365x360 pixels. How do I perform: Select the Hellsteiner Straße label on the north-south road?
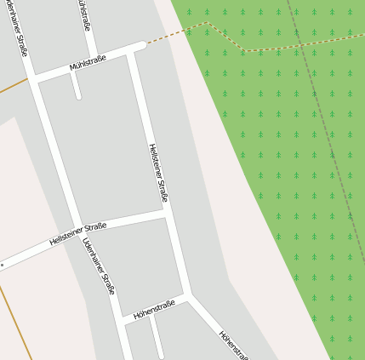point(158,174)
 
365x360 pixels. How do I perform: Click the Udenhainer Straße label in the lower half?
point(99,266)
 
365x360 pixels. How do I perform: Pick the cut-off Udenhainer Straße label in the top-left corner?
point(17,26)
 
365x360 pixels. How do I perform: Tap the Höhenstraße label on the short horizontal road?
point(154,307)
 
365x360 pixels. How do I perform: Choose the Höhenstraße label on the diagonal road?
point(234,345)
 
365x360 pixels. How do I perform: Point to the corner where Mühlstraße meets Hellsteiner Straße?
point(134,50)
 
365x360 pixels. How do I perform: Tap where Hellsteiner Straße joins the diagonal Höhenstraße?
point(189,296)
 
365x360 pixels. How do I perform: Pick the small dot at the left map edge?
point(3,265)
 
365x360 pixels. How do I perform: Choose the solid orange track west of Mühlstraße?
point(12,86)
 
